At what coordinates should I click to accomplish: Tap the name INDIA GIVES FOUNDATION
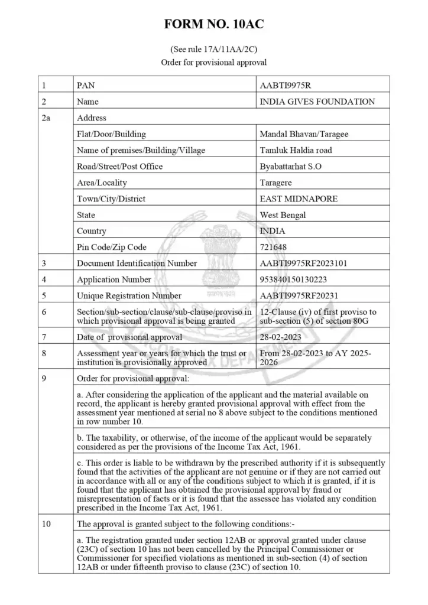(x=317, y=102)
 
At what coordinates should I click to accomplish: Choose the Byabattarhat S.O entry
(x=291, y=167)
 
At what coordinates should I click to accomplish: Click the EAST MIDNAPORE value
(x=299, y=199)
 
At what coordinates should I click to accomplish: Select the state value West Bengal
(x=283, y=215)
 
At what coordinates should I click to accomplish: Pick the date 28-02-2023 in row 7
(x=281, y=337)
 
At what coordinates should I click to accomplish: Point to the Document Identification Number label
(x=137, y=264)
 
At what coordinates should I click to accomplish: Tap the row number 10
(x=46, y=523)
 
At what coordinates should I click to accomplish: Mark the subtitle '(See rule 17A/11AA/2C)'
(x=214, y=49)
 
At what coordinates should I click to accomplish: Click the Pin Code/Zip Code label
(x=112, y=247)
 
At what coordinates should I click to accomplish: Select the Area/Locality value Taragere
(x=276, y=183)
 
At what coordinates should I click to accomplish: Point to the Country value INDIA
(x=273, y=231)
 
